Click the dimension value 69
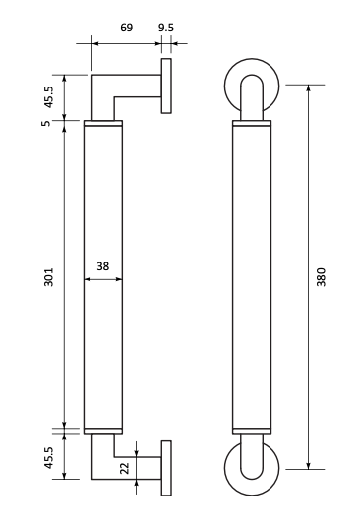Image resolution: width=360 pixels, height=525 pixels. point(126,28)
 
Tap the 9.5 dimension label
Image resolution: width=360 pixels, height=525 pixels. point(166,28)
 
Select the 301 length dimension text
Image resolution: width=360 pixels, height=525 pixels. point(49,277)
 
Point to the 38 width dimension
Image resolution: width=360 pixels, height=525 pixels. point(103,266)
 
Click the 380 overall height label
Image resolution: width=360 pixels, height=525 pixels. point(321,277)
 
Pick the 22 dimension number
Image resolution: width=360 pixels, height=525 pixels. point(125,468)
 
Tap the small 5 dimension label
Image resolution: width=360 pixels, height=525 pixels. point(46,123)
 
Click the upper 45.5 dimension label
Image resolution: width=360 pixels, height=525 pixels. point(49,97)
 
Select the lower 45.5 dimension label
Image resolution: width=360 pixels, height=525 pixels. point(49,457)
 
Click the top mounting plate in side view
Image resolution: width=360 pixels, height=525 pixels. point(166,87)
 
